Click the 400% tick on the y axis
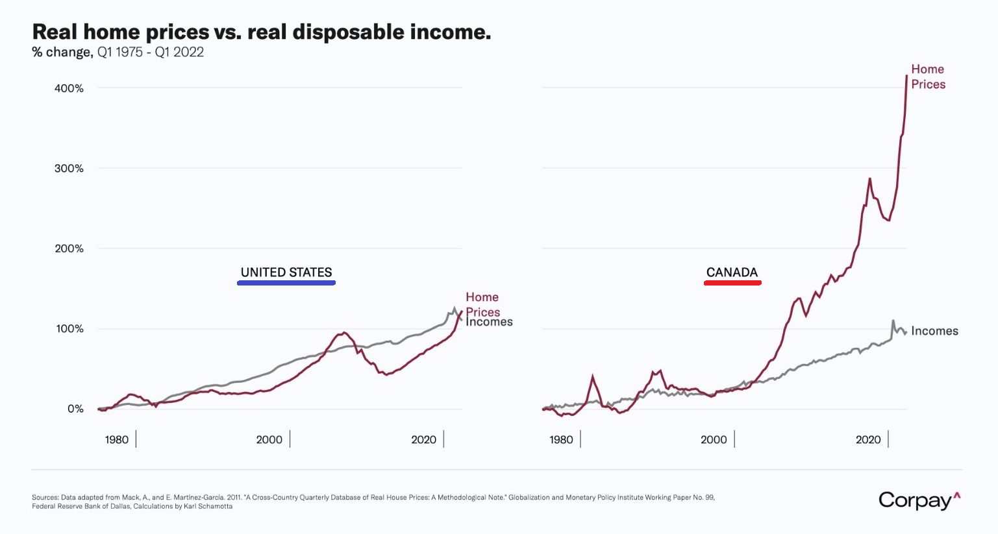pos(69,88)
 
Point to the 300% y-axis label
pos(69,169)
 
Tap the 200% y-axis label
pos(69,249)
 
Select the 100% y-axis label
pos(69,329)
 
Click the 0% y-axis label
pos(75,409)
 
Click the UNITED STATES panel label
pos(286,273)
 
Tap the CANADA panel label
pos(732,273)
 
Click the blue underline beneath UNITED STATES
pos(286,283)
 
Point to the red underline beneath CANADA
pos(732,283)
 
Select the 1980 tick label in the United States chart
pos(117,440)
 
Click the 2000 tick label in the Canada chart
pos(714,440)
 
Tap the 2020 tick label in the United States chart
pos(424,440)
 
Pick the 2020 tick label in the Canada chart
pos(868,440)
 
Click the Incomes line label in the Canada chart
pos(934,331)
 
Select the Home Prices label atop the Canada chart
pos(928,77)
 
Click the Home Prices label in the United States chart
pos(482,304)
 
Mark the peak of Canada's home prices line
pos(906,76)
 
